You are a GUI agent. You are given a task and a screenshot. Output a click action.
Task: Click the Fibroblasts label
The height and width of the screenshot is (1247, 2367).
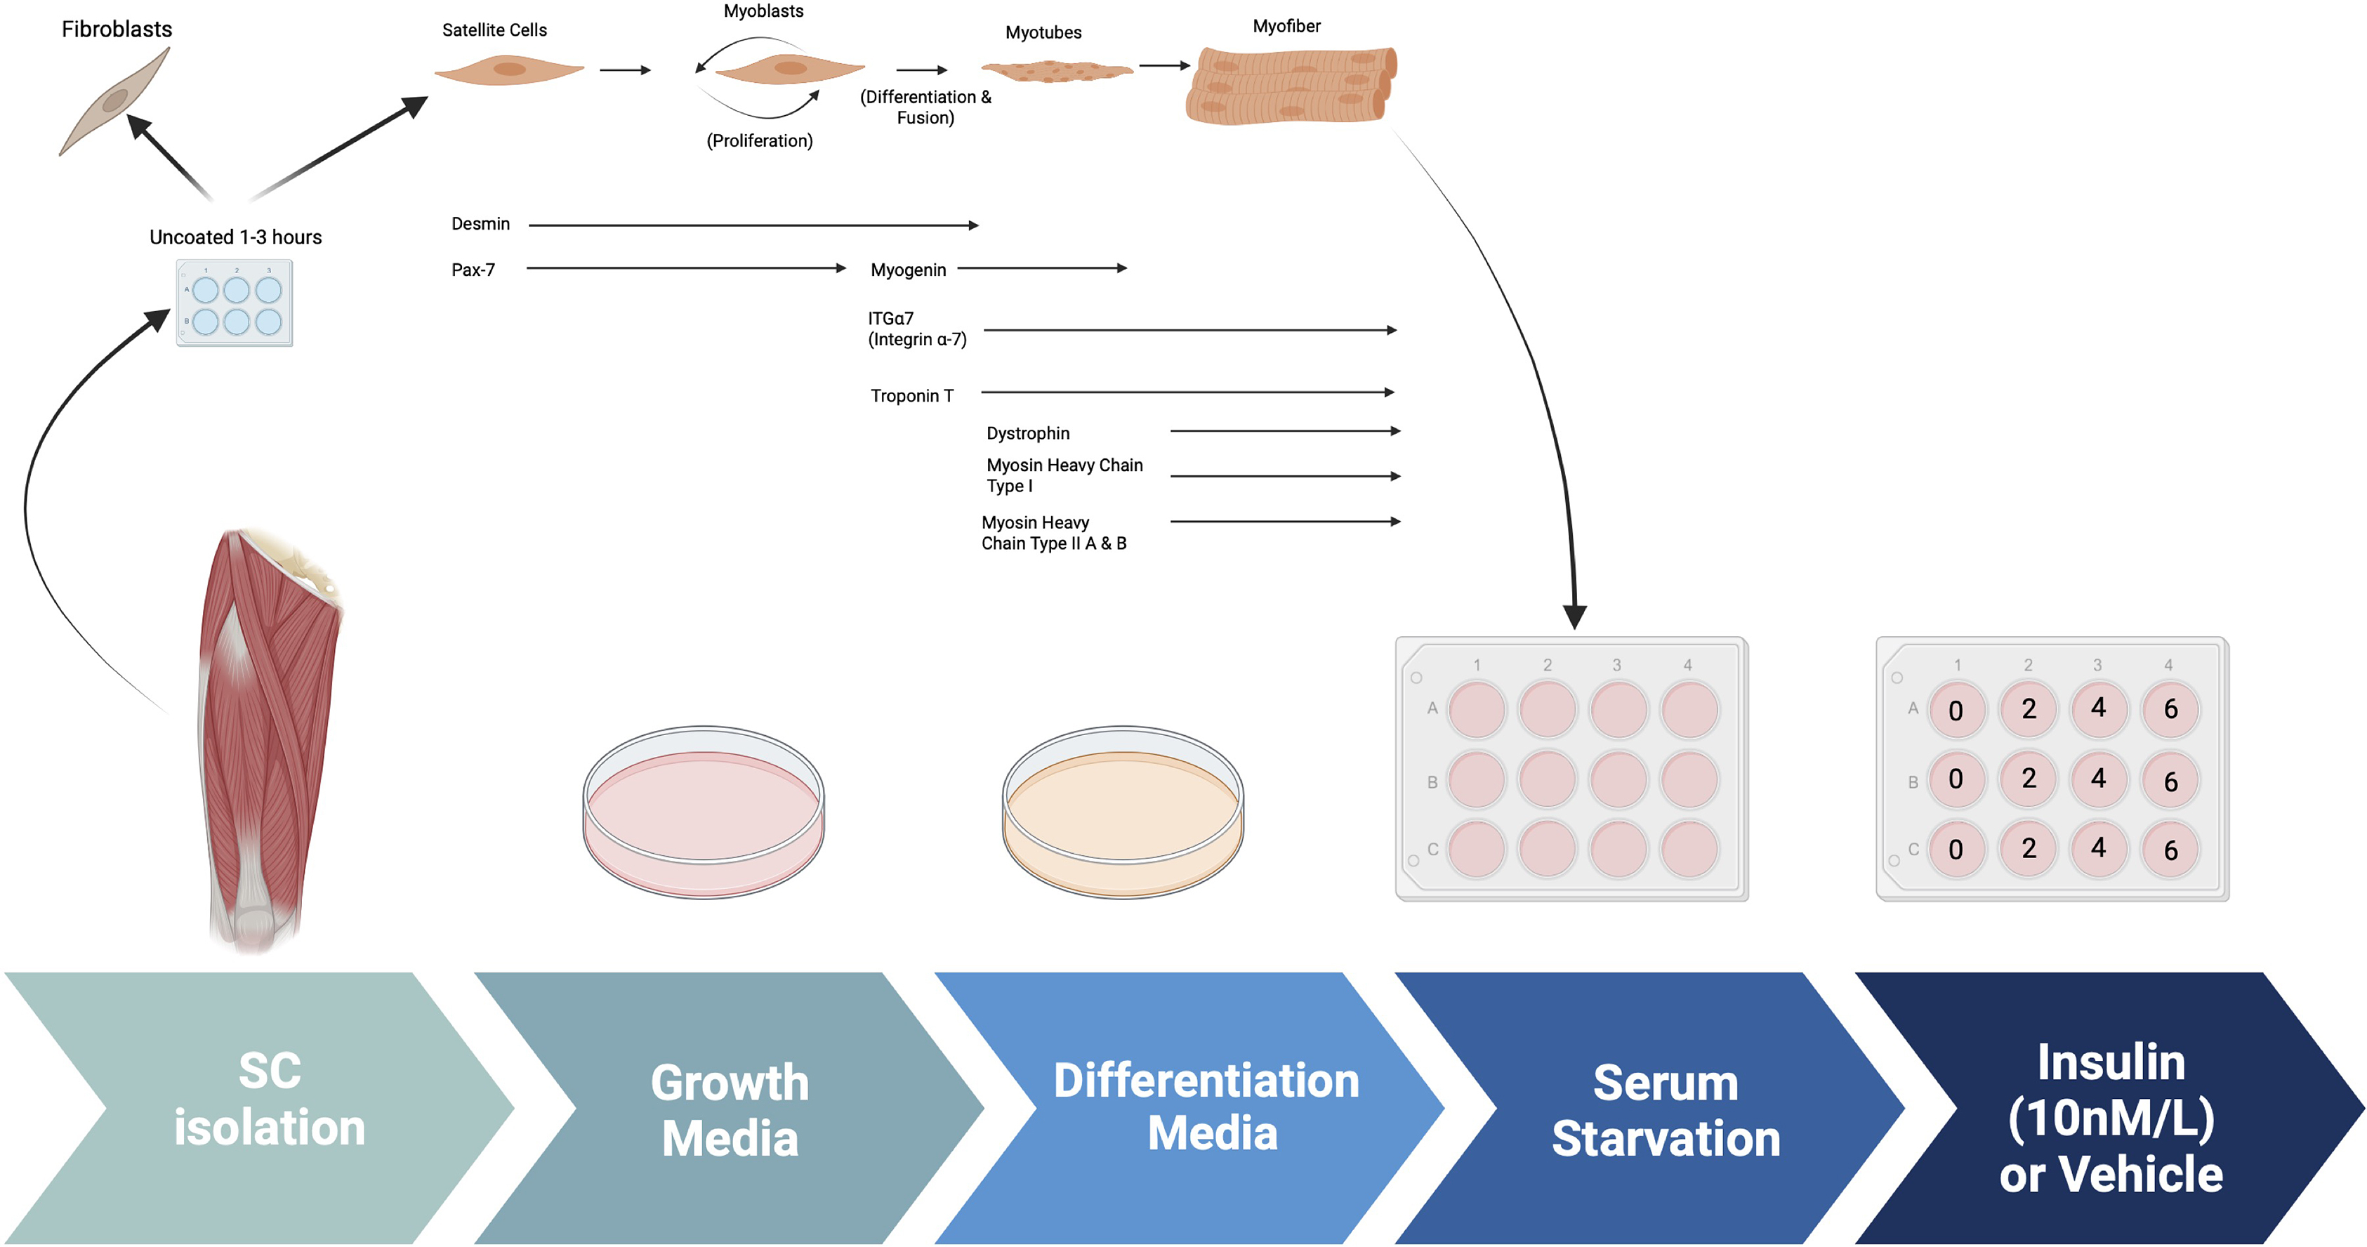point(117,29)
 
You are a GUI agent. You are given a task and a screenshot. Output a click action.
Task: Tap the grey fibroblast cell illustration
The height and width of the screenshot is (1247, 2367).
point(115,101)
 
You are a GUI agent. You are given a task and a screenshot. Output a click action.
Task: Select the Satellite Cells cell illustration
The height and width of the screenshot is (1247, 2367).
point(509,70)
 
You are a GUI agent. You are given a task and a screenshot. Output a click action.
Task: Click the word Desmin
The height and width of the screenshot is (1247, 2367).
point(480,224)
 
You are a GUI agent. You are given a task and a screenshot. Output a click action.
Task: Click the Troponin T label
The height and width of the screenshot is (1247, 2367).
point(911,396)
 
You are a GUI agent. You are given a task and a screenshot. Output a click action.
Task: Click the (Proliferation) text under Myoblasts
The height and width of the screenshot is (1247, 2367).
point(759,140)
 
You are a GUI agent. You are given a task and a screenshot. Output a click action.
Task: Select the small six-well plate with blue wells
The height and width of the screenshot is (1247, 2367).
point(235,303)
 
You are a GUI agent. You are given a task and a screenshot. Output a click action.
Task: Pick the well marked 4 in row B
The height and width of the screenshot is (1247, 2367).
point(2099,779)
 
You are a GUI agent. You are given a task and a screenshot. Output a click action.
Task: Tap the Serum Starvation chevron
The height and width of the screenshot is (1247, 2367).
point(1665,1110)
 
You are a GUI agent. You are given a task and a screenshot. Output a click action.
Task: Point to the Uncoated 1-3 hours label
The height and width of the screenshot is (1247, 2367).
point(235,237)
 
